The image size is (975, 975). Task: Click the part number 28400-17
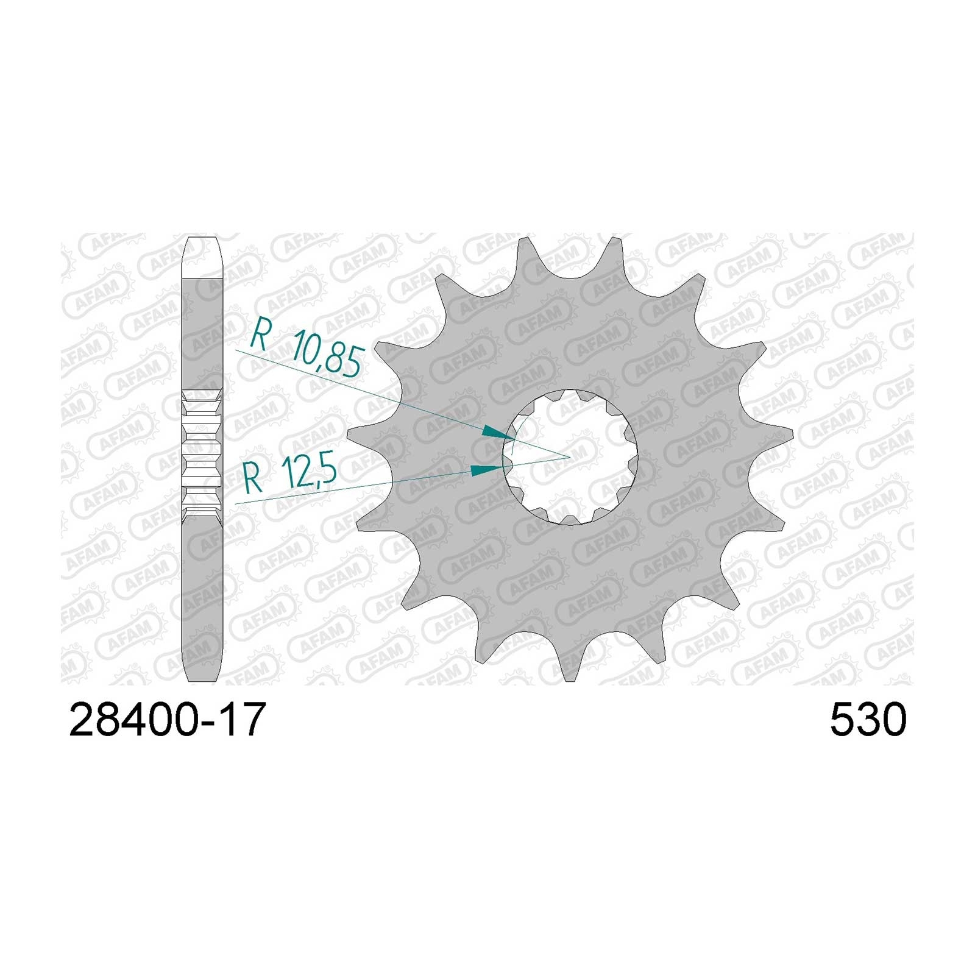(168, 719)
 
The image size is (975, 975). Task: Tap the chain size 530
(868, 719)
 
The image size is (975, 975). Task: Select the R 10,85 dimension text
(308, 351)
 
